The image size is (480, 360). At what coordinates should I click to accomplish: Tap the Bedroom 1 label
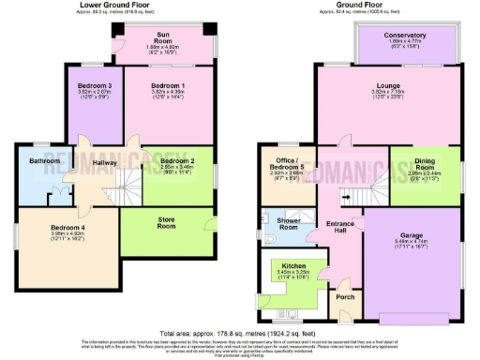pos(169,87)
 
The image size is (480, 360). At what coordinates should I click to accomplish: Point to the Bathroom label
pos(44,161)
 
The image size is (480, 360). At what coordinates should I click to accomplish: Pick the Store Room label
pos(167,223)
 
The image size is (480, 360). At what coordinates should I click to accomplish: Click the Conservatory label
pos(405,37)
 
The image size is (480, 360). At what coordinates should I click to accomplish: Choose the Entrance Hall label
pos(338,226)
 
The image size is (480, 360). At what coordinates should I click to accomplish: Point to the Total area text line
pos(240,334)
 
